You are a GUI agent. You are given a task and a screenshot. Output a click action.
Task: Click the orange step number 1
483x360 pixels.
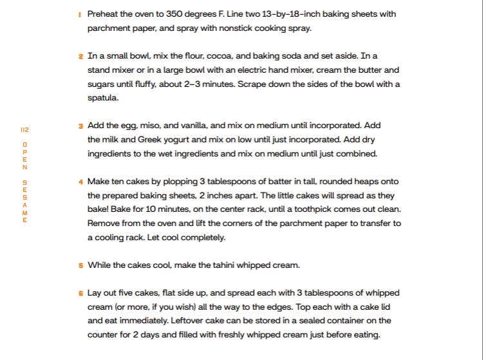80,14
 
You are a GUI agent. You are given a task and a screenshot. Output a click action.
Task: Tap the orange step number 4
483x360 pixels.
80,182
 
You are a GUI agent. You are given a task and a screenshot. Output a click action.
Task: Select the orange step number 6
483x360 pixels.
80,292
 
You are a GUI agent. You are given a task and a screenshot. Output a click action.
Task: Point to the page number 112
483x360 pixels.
25,129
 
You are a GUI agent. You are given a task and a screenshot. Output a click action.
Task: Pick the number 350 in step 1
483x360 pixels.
175,14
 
